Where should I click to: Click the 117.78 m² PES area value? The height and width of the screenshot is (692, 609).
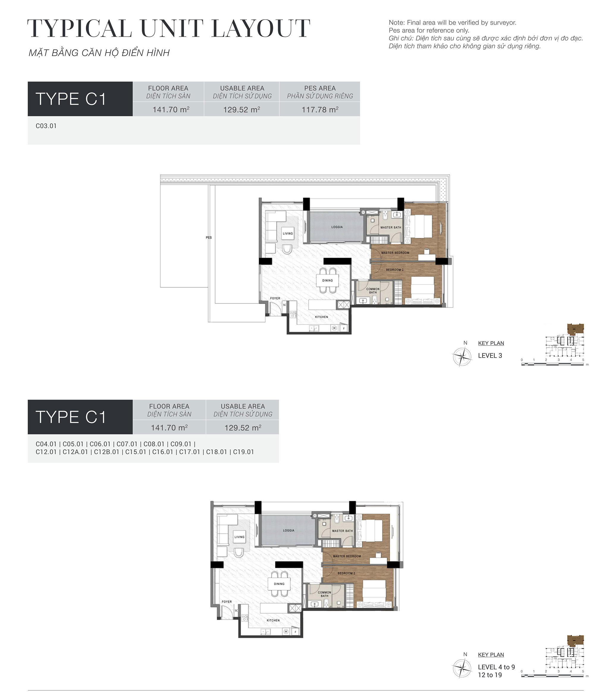(319, 110)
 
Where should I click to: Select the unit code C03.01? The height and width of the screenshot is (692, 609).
(46, 126)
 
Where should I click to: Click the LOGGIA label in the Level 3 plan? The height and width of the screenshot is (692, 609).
(337, 227)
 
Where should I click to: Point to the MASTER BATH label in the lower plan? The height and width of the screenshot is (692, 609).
(342, 531)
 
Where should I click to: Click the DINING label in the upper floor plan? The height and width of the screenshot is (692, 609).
(327, 280)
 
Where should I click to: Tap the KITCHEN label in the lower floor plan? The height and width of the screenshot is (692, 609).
(273, 620)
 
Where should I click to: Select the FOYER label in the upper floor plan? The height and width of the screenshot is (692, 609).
(275, 298)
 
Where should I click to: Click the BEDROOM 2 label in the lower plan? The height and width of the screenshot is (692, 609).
(346, 573)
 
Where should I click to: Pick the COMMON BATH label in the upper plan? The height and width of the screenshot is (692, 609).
(373, 290)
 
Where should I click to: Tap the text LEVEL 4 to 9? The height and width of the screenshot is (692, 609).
(496, 667)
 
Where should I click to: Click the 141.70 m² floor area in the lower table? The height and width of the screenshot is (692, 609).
(169, 427)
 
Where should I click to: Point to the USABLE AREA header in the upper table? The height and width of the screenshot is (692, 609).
(242, 88)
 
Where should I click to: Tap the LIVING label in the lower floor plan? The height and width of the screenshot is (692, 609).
(239, 537)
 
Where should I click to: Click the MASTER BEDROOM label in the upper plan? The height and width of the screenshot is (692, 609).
(395, 253)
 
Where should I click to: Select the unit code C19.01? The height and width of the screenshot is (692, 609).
(243, 452)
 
